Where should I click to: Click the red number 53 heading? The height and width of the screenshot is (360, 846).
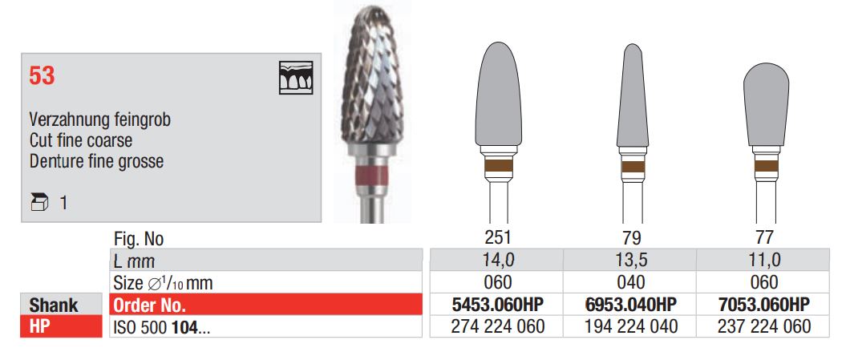point(42,76)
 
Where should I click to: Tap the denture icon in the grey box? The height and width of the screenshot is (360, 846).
point(296,78)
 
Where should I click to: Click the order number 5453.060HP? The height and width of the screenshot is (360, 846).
point(497,305)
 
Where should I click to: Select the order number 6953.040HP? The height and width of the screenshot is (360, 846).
point(631,305)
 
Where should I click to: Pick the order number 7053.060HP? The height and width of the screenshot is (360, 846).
point(764,305)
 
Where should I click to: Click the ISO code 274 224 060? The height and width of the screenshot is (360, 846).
point(497,326)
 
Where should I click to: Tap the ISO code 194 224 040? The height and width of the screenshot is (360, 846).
point(631,326)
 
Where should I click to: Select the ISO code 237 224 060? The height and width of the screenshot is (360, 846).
point(764,326)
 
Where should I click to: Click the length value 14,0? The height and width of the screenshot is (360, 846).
point(497,260)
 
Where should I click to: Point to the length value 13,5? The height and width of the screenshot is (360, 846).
point(631,260)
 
